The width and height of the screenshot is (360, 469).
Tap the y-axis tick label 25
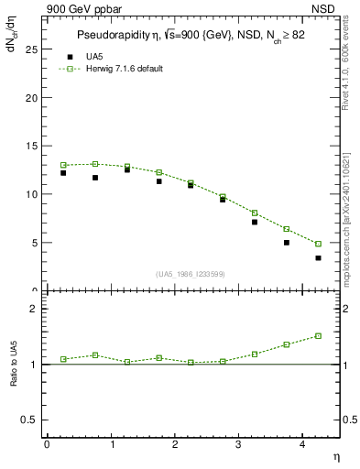(30, 49)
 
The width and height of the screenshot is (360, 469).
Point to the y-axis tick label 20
(30, 98)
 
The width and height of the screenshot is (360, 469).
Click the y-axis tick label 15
(30, 147)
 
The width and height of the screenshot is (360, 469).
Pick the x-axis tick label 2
(175, 444)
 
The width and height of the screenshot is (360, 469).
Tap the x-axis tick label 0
(47, 444)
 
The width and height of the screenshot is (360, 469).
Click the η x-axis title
(336, 455)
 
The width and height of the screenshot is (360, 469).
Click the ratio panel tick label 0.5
(28, 420)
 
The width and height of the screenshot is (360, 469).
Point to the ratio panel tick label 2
(32, 309)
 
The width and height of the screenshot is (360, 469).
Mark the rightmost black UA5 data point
(318, 258)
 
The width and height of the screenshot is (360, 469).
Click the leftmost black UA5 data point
(63, 172)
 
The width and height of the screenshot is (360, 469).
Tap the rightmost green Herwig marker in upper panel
(318, 244)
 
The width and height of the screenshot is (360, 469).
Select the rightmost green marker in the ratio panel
(318, 336)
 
